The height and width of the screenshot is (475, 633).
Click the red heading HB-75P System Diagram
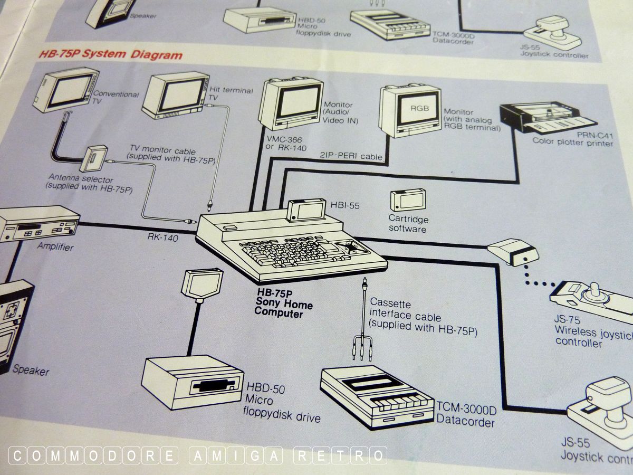[x=110, y=54]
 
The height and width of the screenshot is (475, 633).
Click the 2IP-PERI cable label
[x=350, y=157]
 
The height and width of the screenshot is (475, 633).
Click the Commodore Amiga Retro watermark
[x=198, y=455]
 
